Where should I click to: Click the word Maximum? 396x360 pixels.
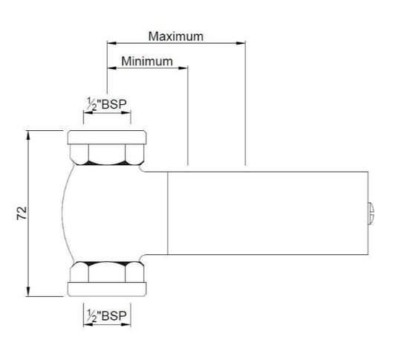(x=175, y=36)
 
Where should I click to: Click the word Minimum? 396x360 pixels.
(x=147, y=61)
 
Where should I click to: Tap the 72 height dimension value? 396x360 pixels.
(x=22, y=213)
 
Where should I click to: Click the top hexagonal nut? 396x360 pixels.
(x=107, y=153)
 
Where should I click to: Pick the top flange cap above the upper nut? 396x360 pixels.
(x=107, y=137)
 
